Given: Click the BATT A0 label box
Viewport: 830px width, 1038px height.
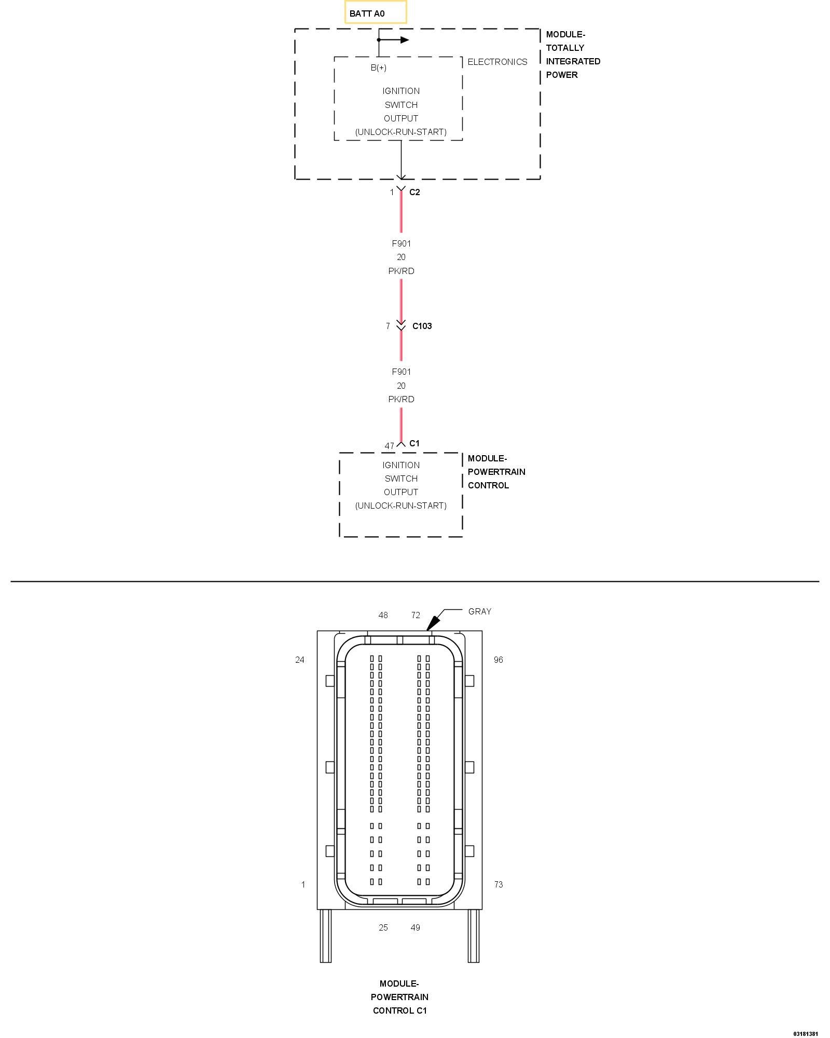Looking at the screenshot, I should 376,13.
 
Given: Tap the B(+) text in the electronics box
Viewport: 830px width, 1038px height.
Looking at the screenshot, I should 378,67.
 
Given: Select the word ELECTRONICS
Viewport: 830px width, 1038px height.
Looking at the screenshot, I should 497,62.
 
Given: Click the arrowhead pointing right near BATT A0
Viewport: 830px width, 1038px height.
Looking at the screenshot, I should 404,40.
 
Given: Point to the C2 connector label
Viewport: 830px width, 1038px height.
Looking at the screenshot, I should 414,192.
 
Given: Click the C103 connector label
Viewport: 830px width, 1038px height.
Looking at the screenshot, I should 422,326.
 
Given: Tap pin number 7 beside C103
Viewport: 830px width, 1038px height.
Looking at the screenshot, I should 388,326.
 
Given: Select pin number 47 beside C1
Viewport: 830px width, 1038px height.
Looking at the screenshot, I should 389,446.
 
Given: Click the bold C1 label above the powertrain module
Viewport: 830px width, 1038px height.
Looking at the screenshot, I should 414,443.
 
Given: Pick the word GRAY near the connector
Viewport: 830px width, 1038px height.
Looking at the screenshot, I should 479,611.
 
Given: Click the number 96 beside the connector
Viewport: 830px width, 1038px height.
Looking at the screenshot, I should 498,660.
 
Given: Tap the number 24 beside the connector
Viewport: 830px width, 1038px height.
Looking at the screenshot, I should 299,660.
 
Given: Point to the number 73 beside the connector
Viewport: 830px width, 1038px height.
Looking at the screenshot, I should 498,884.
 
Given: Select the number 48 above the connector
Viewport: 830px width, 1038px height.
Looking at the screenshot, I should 383,615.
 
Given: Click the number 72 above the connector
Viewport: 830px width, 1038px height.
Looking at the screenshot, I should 415,615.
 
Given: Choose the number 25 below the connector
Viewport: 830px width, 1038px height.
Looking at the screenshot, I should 383,927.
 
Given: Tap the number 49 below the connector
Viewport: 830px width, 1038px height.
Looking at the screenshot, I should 415,927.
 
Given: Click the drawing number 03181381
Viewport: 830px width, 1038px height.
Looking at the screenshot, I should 805,1034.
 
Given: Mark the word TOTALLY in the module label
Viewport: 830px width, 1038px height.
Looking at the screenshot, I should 565,48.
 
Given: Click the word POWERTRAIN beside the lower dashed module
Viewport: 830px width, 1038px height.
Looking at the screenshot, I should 496,472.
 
